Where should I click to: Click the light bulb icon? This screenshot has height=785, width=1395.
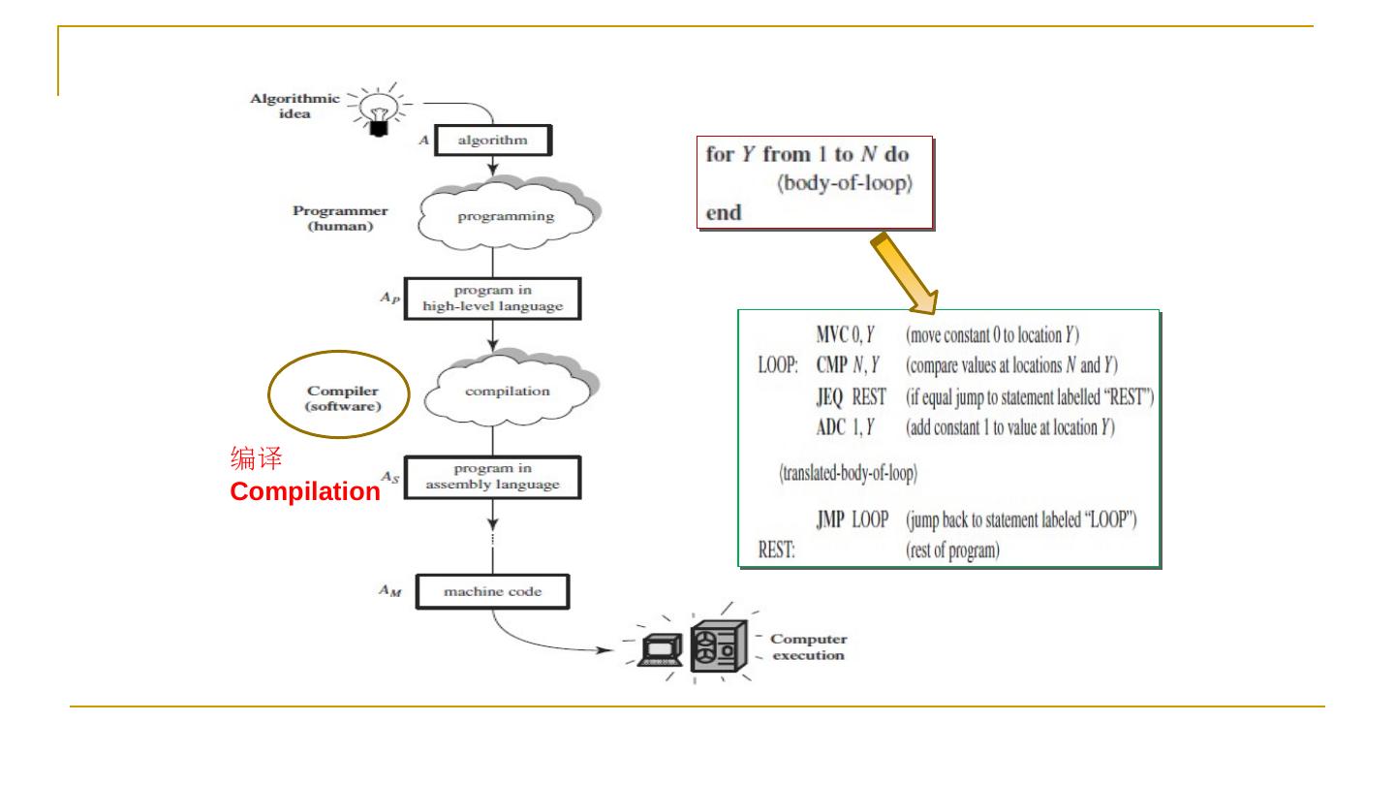tap(378, 111)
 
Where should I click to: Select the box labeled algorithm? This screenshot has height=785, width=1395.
tap(493, 140)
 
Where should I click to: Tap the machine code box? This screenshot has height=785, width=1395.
tap(492, 590)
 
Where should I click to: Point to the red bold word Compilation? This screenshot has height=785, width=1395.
tap(305, 492)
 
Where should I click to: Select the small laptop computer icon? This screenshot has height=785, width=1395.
tap(660, 648)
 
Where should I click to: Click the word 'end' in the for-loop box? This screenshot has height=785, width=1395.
tap(723, 211)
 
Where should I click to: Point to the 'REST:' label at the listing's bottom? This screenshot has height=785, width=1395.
tap(776, 551)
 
